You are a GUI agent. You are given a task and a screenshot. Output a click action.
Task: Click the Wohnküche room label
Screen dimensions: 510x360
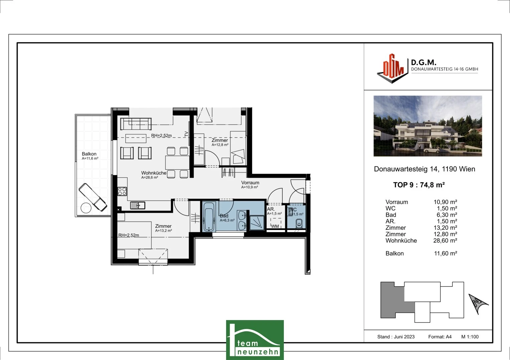coord(154,173)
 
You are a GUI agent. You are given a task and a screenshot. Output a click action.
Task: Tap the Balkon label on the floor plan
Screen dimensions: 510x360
coord(89,154)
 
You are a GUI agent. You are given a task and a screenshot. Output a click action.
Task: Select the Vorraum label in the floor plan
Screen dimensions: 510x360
coord(250,183)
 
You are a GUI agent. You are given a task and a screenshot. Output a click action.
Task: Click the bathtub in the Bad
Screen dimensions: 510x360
coord(209,217)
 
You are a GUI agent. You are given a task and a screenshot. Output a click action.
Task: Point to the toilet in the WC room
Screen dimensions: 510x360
coord(299,223)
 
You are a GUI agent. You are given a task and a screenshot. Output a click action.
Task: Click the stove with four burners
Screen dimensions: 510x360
coord(122,191)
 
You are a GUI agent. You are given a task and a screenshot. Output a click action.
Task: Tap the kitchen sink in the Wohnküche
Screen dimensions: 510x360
coord(138,205)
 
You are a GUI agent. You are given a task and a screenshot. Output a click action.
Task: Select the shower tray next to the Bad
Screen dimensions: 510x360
coord(257,223)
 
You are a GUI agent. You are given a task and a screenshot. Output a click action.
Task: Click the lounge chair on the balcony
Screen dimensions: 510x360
coord(93,197)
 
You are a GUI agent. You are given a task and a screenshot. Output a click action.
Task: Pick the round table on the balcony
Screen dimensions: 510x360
coord(86,207)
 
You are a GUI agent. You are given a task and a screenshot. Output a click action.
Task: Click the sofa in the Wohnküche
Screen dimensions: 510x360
coord(136,124)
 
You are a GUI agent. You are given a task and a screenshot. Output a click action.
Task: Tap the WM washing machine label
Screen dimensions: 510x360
coord(275,226)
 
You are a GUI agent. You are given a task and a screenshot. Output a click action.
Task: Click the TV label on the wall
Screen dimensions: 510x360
coord(186,134)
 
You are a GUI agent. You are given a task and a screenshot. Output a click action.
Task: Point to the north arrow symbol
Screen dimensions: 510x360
coord(478,303)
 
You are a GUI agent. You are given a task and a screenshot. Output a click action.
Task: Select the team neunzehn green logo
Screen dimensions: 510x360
coord(255,340)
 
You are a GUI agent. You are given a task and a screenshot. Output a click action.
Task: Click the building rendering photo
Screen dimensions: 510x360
coord(428,126)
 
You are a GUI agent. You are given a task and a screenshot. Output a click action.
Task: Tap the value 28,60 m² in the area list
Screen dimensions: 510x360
coord(445,240)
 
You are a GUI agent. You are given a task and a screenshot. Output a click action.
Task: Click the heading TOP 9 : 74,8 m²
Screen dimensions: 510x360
coord(419,185)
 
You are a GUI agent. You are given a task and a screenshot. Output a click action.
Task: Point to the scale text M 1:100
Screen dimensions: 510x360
coord(470,337)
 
